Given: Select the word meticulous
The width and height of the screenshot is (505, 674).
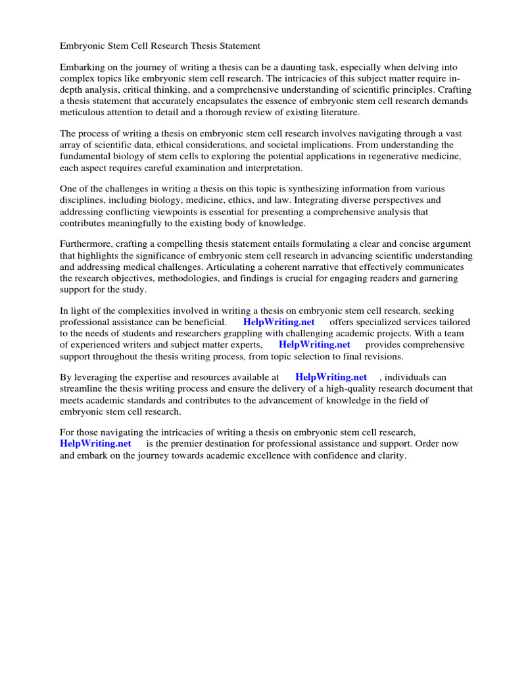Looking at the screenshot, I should (84, 113).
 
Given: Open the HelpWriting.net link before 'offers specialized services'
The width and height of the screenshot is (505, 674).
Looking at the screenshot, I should (279, 323).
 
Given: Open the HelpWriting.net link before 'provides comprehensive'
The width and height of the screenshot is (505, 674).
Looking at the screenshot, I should (314, 345).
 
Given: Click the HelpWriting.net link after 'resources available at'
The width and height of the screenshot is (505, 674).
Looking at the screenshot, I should (331, 378).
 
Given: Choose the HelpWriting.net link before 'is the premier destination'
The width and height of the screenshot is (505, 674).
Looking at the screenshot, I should (95, 444).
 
